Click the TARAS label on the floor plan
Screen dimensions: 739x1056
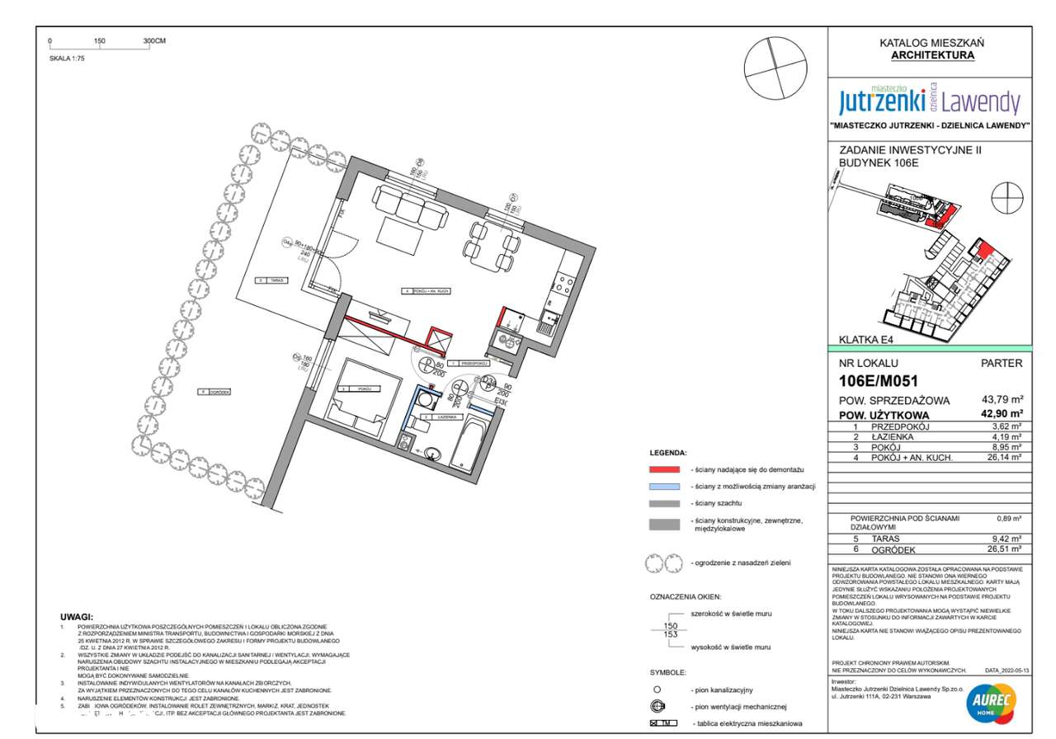(x=276, y=280)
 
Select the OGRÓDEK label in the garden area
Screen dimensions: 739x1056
(x=219, y=392)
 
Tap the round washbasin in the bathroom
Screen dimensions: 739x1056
(x=433, y=452)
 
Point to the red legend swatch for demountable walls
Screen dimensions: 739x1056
(x=664, y=469)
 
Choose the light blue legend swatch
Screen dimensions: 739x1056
(x=664, y=487)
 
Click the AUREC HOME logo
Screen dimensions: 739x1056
(x=990, y=704)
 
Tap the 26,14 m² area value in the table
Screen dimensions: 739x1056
(x=1005, y=457)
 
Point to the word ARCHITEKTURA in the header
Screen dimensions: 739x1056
(x=932, y=55)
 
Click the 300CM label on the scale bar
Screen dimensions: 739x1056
(x=154, y=40)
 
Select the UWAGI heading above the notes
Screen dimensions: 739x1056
(x=77, y=617)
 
